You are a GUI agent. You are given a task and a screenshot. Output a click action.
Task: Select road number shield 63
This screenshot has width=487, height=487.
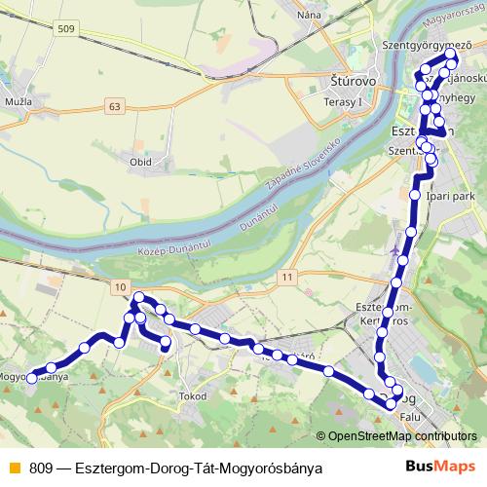(117, 105)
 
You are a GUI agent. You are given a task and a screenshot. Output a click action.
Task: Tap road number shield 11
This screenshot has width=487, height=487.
(285, 278)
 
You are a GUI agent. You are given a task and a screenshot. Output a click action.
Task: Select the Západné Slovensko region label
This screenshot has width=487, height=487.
(302, 165)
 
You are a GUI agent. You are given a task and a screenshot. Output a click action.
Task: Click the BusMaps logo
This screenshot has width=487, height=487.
(446, 467)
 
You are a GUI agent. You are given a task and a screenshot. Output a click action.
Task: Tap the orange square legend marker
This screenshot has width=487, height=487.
(14, 467)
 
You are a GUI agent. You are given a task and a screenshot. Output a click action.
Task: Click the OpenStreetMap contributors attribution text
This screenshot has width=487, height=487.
(403, 437)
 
